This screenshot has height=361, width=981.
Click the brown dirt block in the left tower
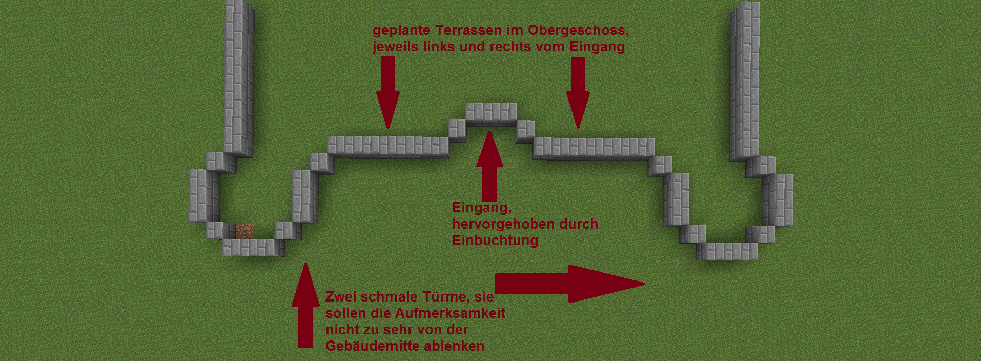(x=244, y=231)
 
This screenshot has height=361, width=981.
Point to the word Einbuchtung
(x=495, y=240)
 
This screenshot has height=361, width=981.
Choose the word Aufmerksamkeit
(x=450, y=313)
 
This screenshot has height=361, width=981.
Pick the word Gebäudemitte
(x=377, y=346)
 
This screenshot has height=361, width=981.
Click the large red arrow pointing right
(x=569, y=284)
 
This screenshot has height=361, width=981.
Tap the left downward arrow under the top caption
(x=388, y=92)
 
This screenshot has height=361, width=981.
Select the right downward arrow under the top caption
(x=578, y=92)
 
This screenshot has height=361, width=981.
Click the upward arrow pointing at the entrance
(x=489, y=166)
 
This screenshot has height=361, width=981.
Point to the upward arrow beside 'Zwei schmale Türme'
(x=305, y=306)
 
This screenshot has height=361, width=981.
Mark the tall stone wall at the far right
(x=744, y=81)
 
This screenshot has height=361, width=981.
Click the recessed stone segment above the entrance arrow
(x=491, y=114)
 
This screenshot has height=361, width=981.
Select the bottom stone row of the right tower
(x=726, y=251)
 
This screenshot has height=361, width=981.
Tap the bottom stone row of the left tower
(x=253, y=248)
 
